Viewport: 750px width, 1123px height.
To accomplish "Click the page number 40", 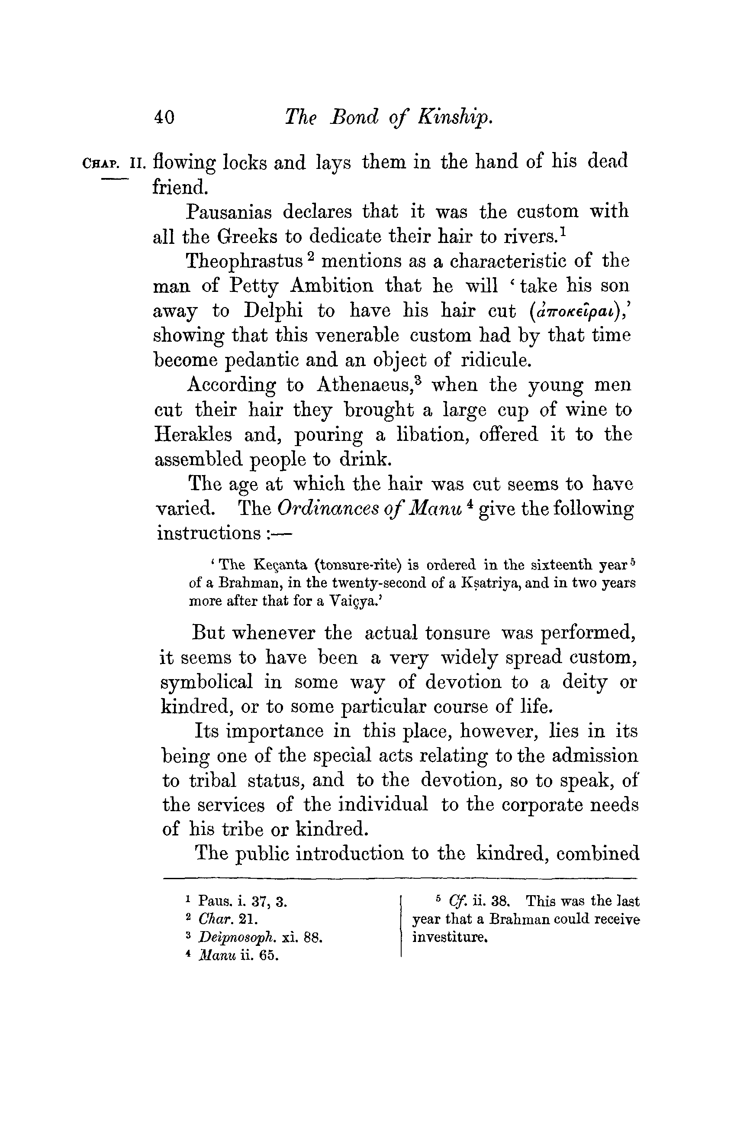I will click(164, 117).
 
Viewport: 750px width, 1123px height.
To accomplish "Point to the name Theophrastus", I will click(244, 261).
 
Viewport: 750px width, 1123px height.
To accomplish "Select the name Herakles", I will click(193, 435).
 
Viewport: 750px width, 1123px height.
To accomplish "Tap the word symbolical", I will click(206, 683).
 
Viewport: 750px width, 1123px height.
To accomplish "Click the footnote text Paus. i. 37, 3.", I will click(242, 902).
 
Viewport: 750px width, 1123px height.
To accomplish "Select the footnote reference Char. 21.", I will click(228, 919).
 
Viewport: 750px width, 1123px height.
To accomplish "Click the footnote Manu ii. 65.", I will click(238, 955).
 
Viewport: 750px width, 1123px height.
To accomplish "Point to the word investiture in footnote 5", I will click(449, 937).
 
